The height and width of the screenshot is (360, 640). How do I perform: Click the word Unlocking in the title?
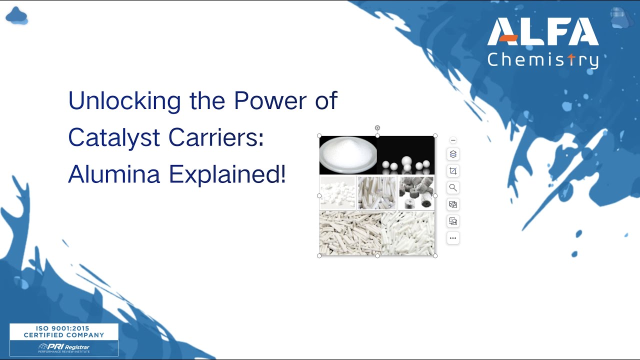(x=124, y=101)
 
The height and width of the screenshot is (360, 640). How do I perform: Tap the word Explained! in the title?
(x=227, y=174)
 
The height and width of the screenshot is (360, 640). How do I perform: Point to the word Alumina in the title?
(x=114, y=174)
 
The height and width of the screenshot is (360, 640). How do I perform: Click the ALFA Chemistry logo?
(x=542, y=43)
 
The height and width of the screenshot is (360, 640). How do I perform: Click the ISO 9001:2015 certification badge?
(x=64, y=339)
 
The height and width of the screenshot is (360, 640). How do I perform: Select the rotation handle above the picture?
(x=377, y=128)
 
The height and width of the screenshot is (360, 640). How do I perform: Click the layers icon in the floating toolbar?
(x=453, y=154)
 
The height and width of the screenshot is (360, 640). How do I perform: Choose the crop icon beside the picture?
(x=453, y=171)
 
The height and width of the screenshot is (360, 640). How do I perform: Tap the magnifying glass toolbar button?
(x=453, y=188)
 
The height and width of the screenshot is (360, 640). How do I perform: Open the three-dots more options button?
(x=453, y=238)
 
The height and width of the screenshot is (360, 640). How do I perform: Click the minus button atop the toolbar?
(x=453, y=140)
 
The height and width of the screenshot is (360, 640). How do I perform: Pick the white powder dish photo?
(x=348, y=155)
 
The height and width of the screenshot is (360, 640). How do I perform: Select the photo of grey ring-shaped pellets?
(x=416, y=192)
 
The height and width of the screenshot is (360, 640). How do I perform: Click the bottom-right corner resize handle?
(x=435, y=255)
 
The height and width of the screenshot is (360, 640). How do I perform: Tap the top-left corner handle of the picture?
(x=319, y=136)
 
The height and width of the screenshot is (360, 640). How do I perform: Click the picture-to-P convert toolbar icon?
(x=453, y=204)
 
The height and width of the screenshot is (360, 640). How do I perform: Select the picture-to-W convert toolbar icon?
(x=453, y=221)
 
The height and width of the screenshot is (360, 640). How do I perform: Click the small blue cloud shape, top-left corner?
(x=16, y=16)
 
